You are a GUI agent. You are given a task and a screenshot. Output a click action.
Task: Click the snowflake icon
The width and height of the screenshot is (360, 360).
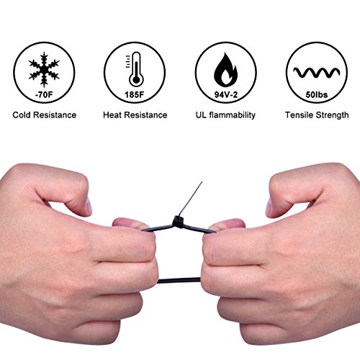click(44, 70)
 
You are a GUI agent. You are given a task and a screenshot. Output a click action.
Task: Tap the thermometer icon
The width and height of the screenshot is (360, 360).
click(135, 69)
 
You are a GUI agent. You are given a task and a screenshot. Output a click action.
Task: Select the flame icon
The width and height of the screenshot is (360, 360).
click(225, 70)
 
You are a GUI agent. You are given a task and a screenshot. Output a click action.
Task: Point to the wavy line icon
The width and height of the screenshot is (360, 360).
click(317, 73)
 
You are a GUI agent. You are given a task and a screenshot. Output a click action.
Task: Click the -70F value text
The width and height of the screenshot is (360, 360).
click(44, 94)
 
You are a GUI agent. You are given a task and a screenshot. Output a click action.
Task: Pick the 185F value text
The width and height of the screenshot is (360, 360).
click(135, 94)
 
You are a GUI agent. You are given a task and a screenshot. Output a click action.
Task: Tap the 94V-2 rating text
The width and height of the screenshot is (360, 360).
click(226, 95)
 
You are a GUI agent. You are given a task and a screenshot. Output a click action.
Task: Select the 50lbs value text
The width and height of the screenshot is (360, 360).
click(317, 94)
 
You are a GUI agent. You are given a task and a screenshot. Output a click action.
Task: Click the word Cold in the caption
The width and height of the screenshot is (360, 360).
click(22, 115)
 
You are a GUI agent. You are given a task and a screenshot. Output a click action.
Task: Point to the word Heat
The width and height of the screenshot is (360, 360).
click(112, 115)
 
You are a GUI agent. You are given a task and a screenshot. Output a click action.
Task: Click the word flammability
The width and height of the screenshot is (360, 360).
click(232, 115)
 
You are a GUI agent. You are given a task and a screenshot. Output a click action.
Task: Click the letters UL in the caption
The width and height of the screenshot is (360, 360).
click(201, 115)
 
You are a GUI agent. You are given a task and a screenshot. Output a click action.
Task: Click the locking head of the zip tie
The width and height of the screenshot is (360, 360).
click(178, 221)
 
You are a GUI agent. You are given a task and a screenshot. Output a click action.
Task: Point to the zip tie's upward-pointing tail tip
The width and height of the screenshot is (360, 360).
click(202, 181)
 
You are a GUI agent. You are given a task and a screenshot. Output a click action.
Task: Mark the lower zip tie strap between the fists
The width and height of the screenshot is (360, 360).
click(179, 280)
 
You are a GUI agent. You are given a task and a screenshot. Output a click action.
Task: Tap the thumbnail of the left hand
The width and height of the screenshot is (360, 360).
click(89, 206)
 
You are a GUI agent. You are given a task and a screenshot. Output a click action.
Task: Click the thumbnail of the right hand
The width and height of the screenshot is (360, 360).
click(269, 207)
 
